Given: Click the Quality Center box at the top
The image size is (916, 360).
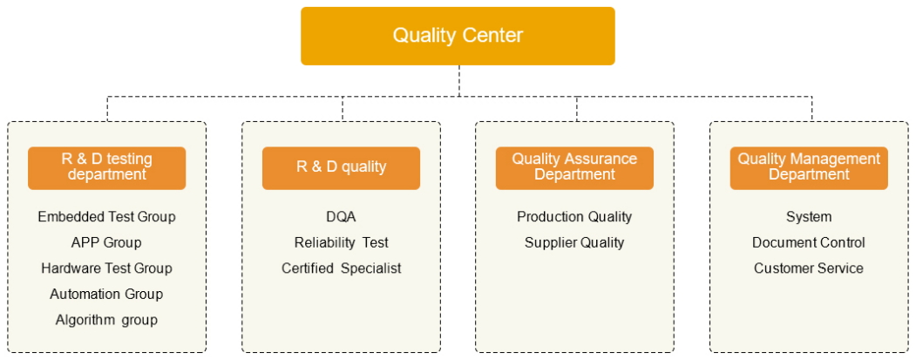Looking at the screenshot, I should coord(458,36).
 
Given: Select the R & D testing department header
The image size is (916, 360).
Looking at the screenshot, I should coord(106,167).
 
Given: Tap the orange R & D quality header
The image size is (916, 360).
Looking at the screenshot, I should coord(341,167).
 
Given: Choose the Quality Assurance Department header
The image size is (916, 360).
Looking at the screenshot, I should coord(574,167).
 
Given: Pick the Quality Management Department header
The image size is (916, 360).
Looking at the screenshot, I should coord(809,167).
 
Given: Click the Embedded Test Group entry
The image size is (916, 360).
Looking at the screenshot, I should coord(106,216).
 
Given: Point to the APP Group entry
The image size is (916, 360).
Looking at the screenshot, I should coord(106,242).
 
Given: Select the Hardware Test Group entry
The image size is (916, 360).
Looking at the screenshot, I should coord(106,268).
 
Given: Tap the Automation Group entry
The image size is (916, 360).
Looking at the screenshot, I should coord(106,294).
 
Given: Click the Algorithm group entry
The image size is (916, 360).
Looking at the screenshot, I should coord(106,320).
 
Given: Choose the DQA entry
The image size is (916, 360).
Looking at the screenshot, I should coord(341,216).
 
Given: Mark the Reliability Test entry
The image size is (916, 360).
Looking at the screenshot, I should coord(341,242).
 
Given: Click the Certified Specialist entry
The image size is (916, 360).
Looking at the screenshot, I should coord(341,268).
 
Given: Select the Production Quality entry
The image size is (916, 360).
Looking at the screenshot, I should coord(574,216).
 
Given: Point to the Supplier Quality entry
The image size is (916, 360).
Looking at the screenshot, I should coord(574,242).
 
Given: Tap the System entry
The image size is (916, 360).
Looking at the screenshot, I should coord(809,216).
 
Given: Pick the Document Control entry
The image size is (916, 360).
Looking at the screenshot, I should coord(809,242).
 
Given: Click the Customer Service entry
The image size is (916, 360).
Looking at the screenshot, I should coord(809,268).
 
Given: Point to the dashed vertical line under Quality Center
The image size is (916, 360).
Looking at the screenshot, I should coord(458,80).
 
